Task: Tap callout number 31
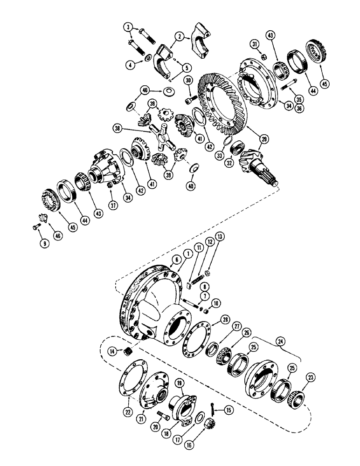pyautogui.click(x=254, y=44)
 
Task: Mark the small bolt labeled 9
pyautogui.click(x=36, y=227)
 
